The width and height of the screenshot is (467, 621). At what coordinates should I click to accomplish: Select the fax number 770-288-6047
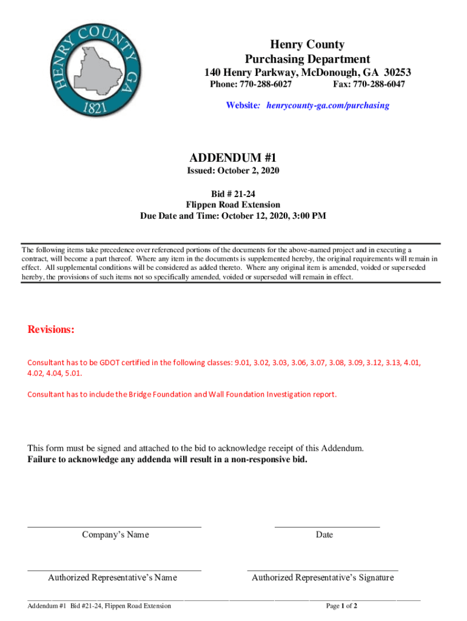[x=379, y=84]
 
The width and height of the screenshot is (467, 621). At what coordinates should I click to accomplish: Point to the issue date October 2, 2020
[x=252, y=171]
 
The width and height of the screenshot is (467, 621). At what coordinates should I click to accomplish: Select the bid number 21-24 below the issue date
[x=244, y=194]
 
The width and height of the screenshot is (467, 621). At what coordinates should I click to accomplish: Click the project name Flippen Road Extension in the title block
[x=233, y=205]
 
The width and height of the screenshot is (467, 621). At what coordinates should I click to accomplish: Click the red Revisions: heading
[x=51, y=330]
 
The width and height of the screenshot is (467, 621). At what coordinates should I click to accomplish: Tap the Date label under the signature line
[x=324, y=535]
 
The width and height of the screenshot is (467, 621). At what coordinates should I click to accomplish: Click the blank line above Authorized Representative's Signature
[x=323, y=570]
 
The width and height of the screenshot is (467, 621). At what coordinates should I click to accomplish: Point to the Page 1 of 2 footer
[x=341, y=606]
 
